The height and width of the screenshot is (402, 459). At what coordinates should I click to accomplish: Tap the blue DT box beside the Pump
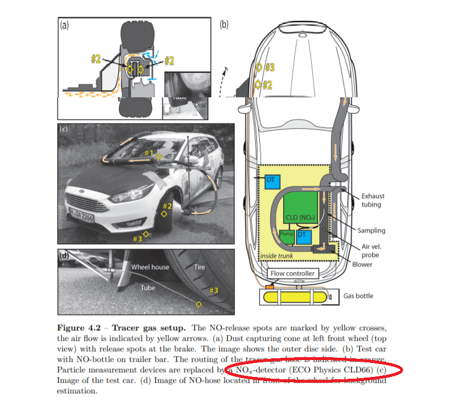pos(302,235)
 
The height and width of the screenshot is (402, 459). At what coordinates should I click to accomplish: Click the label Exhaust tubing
pos(373,200)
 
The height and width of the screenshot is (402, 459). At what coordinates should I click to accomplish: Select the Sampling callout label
pos(371,231)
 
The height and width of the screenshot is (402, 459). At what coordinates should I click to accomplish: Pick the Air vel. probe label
pos(372,250)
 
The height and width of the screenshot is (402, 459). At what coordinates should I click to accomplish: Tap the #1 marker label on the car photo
pos(149,153)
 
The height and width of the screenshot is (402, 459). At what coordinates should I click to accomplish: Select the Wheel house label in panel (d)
pos(150,267)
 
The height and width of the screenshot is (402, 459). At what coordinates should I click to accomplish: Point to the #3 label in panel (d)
pos(214,290)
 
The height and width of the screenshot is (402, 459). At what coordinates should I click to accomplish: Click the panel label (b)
pos(224,24)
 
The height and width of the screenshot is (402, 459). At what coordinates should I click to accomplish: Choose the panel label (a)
pos(64,24)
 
